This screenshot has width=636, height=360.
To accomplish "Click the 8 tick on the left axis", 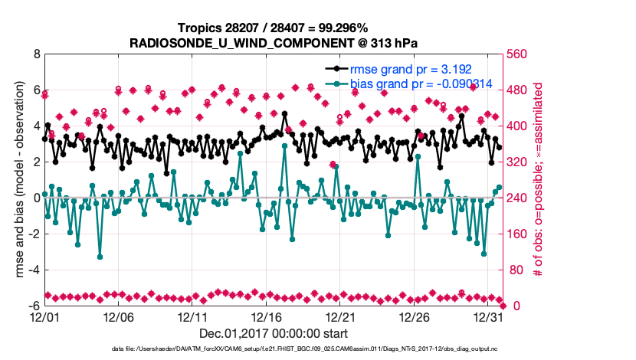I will pyautogui.click(x=35, y=55).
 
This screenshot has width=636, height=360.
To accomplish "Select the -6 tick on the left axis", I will pyautogui.click(x=33, y=306).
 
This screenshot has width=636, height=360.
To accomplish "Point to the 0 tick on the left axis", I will pyautogui.click(x=35, y=198).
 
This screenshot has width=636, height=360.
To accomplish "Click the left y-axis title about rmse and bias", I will pyautogui.click(x=15, y=180).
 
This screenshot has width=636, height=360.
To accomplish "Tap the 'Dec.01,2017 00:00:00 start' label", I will pyautogui.click(x=274, y=333).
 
